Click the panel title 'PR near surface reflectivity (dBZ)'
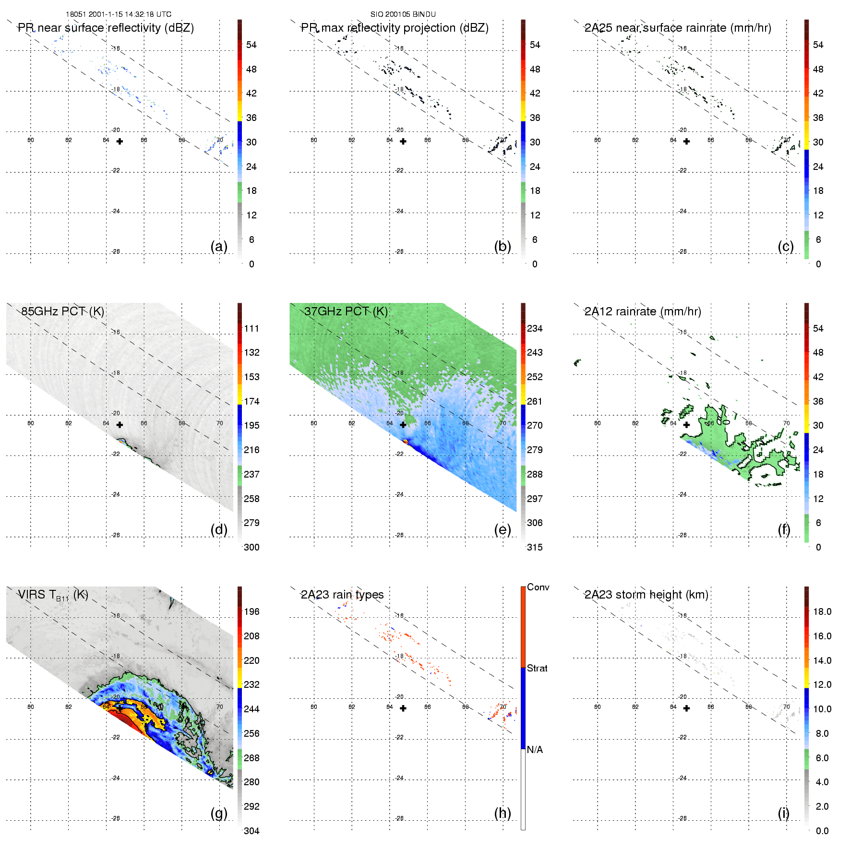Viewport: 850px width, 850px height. [x=106, y=28]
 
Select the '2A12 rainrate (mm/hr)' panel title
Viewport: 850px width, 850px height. [x=642, y=311]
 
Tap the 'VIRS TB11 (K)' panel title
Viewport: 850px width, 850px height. [x=53, y=595]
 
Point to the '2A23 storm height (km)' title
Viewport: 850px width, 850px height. [x=646, y=595]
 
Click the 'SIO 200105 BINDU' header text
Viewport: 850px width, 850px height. [x=403, y=14]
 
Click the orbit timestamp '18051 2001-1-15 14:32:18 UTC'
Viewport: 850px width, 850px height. [x=119, y=14]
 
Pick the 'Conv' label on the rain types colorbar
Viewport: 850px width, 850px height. [x=538, y=587]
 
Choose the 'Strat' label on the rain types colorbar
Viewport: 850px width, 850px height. [x=537, y=668]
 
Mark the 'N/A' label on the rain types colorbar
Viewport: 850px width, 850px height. [x=535, y=750]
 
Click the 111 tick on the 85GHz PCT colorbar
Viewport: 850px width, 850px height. [x=251, y=328]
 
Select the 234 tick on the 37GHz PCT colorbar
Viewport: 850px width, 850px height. [x=535, y=328]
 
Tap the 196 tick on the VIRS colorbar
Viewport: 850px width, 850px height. [x=251, y=611]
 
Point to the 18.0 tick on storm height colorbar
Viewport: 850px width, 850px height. [x=822, y=611]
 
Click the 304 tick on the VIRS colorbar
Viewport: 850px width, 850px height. [x=251, y=831]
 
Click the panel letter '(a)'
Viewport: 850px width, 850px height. [x=219, y=246]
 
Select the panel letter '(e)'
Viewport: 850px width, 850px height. [x=502, y=529]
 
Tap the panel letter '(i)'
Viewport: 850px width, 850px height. [x=783, y=813]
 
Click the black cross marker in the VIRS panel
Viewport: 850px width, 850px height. [x=120, y=708]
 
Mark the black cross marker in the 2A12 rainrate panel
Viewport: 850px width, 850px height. [x=686, y=425]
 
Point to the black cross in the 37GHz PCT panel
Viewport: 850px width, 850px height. [x=403, y=425]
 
